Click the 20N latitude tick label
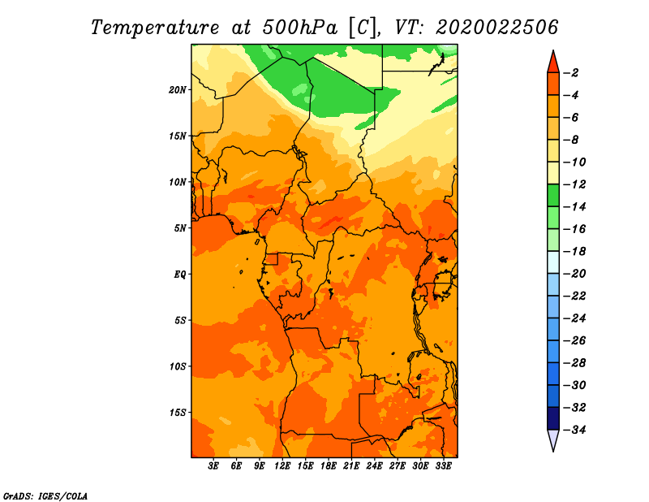click(177, 90)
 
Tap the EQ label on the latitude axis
click(179, 275)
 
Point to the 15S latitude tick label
click(177, 413)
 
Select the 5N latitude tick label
click(179, 228)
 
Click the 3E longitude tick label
click(213, 466)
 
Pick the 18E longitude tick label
click(329, 466)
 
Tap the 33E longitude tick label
click(443, 466)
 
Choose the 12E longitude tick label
click(282, 466)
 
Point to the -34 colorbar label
click(574, 430)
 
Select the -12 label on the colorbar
click(574, 184)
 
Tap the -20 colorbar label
click(574, 274)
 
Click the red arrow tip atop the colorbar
click(553, 51)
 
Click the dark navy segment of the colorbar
click(553, 418)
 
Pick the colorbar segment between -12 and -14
click(553, 196)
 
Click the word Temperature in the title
click(154, 28)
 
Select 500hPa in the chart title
click(299, 28)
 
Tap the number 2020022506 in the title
click(496, 28)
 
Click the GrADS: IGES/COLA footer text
click(45, 496)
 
